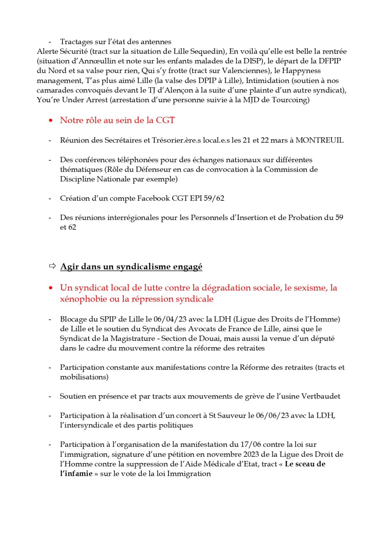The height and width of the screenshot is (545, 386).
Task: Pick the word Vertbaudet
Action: coord(321,396)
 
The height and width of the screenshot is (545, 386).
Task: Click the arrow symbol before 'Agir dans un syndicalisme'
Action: coord(52,266)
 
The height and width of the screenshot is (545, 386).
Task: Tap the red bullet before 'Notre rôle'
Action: coord(51,121)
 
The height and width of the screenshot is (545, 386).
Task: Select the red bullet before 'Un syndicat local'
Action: coord(51,288)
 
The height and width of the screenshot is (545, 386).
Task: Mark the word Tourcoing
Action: coord(289,100)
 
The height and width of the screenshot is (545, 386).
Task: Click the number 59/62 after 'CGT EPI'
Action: coord(214,198)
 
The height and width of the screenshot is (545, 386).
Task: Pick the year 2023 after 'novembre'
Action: coord(251,455)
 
